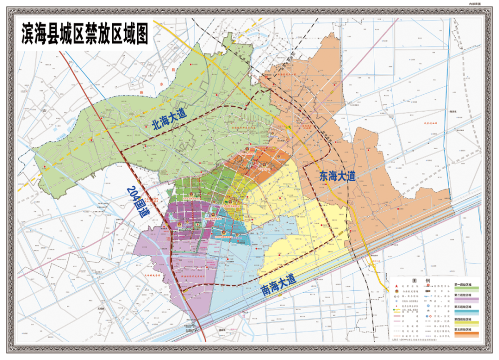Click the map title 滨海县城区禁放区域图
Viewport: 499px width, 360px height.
(85, 35)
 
